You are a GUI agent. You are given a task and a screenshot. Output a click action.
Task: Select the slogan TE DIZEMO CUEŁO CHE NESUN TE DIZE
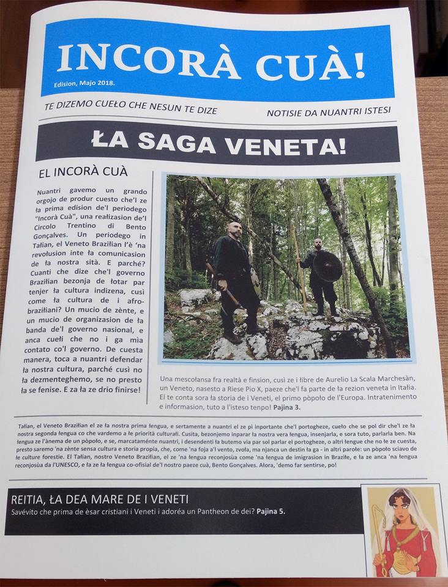coord(131,109)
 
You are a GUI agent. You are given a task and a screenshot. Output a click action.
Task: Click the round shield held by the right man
coord(328,267)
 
